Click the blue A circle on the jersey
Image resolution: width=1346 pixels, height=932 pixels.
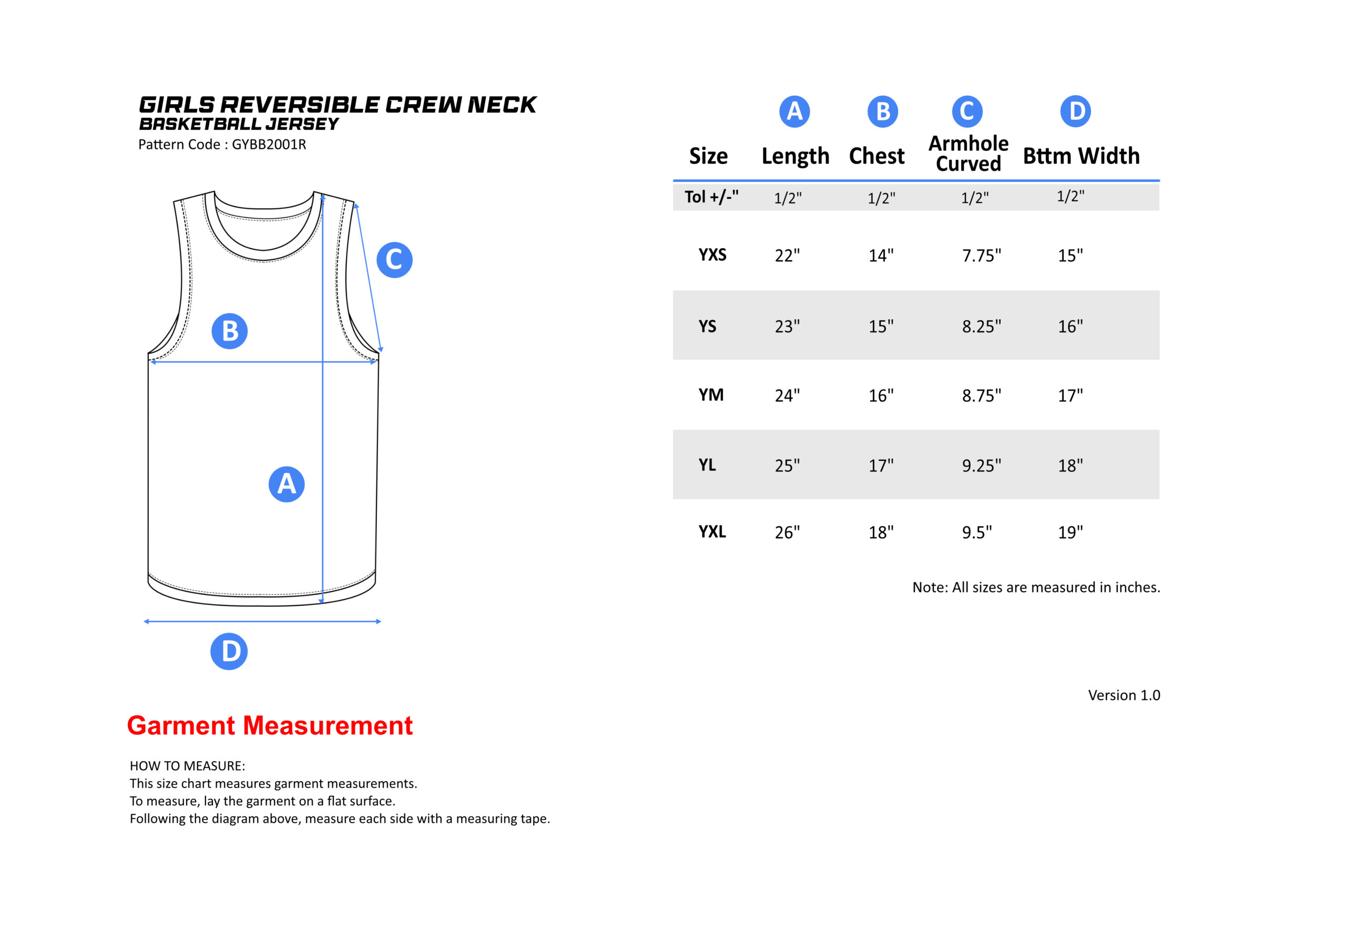(286, 483)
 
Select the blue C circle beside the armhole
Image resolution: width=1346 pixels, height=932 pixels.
(394, 259)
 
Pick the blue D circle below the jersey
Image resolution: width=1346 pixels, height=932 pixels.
(229, 651)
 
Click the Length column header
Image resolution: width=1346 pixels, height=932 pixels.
(795, 156)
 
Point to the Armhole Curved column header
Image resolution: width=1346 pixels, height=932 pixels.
(968, 153)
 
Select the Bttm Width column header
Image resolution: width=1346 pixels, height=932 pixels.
(1081, 155)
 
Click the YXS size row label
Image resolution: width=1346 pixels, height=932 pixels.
(712, 254)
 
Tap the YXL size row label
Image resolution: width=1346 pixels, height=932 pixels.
(712, 531)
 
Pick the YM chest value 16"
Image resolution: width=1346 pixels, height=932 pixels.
(881, 395)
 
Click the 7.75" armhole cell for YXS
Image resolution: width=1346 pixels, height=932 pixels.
(981, 255)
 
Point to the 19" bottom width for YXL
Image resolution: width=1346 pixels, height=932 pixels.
(1070, 531)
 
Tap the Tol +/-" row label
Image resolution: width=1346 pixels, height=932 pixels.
(711, 197)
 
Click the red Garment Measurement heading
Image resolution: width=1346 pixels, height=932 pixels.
(270, 725)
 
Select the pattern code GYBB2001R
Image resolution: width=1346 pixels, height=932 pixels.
(269, 144)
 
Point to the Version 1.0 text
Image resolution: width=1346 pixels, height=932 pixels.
(1124, 695)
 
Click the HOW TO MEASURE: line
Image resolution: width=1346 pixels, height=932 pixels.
(187, 766)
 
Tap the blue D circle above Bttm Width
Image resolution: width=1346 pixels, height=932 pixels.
(1075, 111)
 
